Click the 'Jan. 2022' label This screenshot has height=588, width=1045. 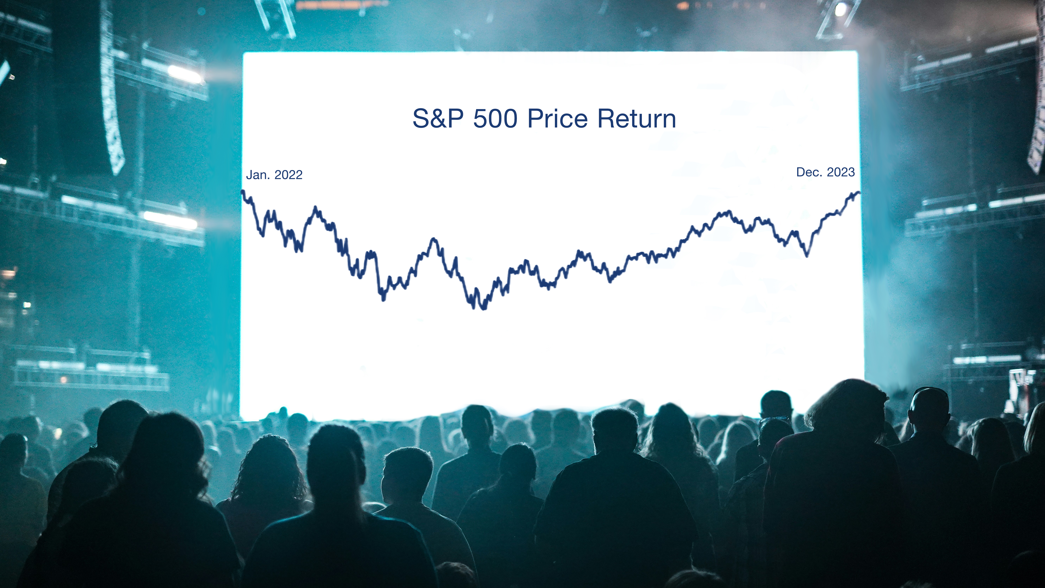pos(274,175)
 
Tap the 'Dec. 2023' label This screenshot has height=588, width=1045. pos(826,172)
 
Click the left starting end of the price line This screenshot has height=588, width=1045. pos(243,191)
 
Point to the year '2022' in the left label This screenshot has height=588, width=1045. pos(288,175)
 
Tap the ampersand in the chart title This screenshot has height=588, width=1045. pos(439,119)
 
